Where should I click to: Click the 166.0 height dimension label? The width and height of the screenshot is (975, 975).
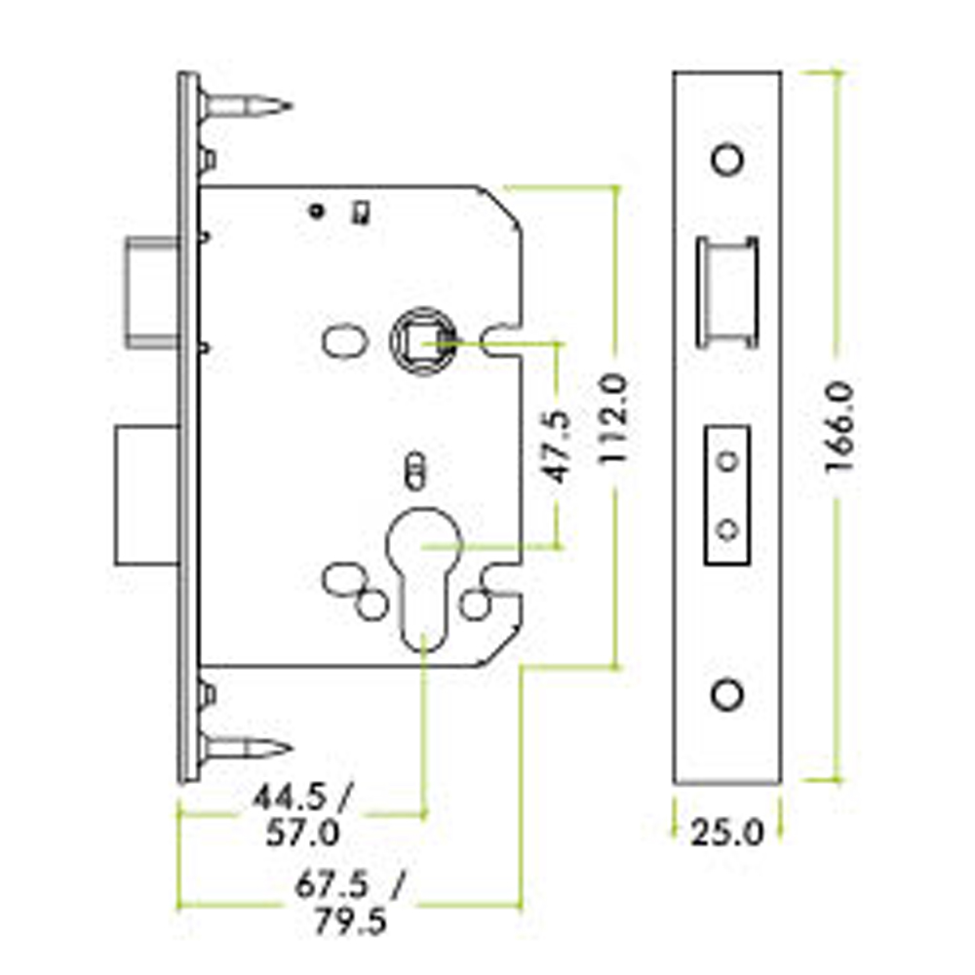click(x=840, y=428)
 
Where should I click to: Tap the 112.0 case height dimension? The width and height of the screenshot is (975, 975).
click(x=612, y=418)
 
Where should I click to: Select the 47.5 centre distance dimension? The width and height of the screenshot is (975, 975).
click(x=557, y=447)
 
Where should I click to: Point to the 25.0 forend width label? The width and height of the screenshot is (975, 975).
click(x=726, y=832)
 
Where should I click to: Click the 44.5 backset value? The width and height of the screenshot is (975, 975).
click(x=290, y=798)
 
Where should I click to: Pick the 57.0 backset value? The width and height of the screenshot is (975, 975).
click(x=303, y=833)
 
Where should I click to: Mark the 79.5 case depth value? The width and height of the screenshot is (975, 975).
click(x=350, y=921)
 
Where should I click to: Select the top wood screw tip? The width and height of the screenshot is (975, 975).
click(x=290, y=105)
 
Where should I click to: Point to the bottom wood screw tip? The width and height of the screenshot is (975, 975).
click(x=290, y=749)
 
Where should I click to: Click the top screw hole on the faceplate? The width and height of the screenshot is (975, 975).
click(x=727, y=160)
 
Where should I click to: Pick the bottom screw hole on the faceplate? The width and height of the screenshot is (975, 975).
click(x=727, y=694)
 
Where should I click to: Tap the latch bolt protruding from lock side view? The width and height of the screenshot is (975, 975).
click(x=152, y=291)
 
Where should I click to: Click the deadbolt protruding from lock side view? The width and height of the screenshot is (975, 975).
click(x=147, y=495)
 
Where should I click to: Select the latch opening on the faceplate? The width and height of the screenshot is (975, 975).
click(x=727, y=292)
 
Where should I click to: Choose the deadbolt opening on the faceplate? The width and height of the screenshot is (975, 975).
click(x=727, y=495)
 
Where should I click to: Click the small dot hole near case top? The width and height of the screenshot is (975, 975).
click(x=317, y=212)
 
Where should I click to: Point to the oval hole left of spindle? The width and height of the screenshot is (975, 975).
click(x=345, y=341)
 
